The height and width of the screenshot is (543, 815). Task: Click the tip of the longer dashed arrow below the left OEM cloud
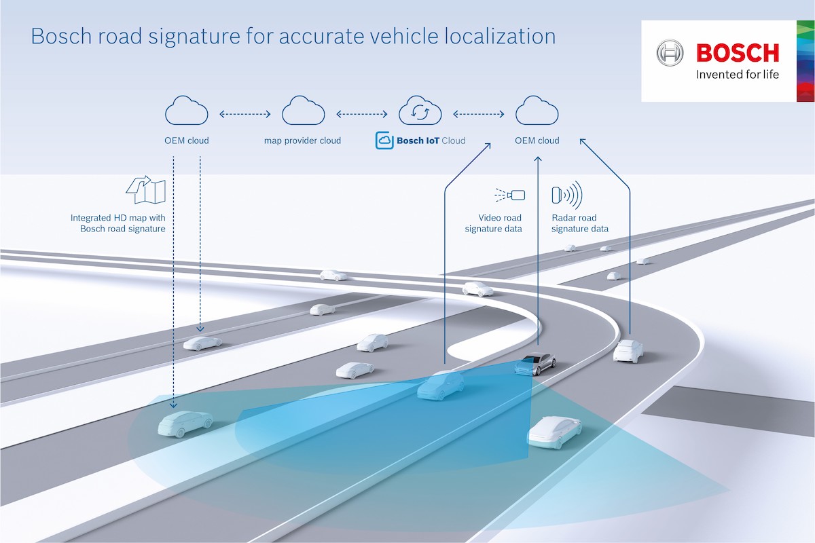point(174,408)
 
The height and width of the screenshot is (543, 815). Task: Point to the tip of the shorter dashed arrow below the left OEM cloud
point(200,331)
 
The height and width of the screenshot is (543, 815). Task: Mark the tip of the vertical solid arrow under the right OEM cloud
point(538,157)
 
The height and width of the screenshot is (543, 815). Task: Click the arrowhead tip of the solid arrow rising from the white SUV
point(580,139)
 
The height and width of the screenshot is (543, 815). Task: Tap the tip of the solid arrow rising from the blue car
point(490,144)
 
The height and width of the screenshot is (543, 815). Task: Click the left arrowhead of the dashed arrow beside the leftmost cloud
point(220,114)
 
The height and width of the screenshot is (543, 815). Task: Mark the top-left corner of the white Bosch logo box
point(641,21)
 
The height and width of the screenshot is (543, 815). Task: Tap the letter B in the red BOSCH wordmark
point(704,53)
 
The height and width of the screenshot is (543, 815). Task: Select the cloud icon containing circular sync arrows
point(420,111)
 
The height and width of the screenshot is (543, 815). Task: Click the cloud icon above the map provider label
point(304,111)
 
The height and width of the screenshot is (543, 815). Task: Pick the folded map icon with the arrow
point(146,189)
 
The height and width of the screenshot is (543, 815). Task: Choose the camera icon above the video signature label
point(510,195)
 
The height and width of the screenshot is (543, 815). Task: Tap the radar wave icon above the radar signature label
point(567,195)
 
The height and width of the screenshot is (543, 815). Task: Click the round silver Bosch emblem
point(670,53)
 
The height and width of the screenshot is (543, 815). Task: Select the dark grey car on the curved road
point(535,364)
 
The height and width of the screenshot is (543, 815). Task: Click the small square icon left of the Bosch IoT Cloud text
point(384,141)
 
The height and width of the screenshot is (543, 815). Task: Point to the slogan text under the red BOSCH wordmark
point(737,75)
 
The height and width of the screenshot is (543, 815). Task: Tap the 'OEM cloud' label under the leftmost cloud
point(187,141)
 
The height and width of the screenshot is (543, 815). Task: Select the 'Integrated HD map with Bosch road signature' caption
point(118,223)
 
